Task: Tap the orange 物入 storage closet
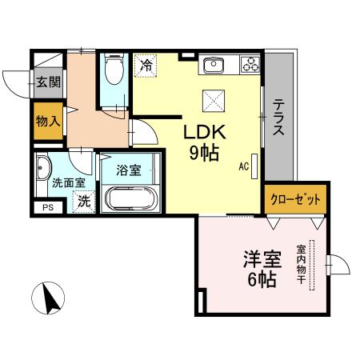click(x=48, y=122)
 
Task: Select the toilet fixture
click(x=114, y=73)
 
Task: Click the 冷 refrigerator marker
click(x=146, y=65)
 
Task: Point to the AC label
click(x=243, y=166)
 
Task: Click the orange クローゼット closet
click(x=295, y=198)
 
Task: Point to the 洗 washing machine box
click(x=84, y=202)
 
